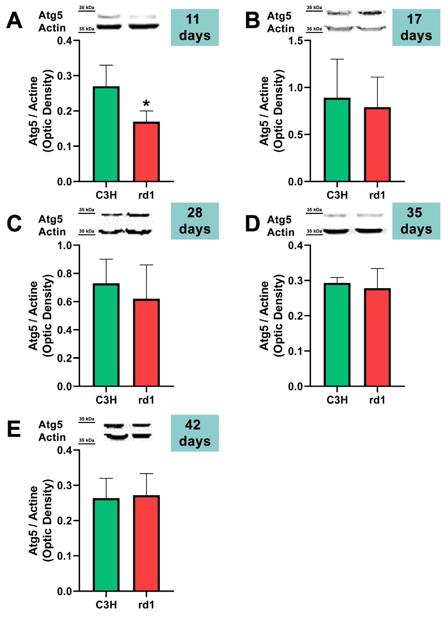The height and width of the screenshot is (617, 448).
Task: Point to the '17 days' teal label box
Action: coord(416,28)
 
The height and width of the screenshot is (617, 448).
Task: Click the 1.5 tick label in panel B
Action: coord(296,41)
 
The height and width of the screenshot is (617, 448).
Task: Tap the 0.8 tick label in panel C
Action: coord(64,274)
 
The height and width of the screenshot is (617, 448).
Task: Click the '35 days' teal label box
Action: coord(416,221)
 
